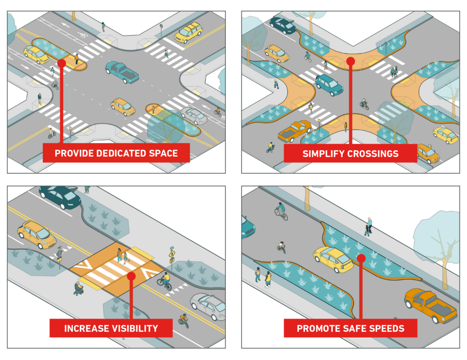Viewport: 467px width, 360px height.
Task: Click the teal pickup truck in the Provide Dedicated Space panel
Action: coord(122,72)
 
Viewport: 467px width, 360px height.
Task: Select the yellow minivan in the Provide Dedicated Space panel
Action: coord(188,32)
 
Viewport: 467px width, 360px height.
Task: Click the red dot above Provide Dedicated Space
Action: coord(62,63)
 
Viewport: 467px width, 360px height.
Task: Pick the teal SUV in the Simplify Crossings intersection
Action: coord(329,85)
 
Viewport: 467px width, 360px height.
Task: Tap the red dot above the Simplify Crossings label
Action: coord(351,61)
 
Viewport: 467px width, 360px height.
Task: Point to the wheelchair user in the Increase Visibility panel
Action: coord(78,288)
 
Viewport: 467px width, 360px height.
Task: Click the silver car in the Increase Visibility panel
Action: coord(208,306)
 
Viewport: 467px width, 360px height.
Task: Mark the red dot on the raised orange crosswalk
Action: coord(131,276)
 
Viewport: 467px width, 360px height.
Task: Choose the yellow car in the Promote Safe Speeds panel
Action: coord(333,259)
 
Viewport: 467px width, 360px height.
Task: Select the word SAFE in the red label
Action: coord(355,328)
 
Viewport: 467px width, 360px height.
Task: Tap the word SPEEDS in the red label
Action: coord(387,328)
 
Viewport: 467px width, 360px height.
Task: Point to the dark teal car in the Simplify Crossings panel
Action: coord(283,25)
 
